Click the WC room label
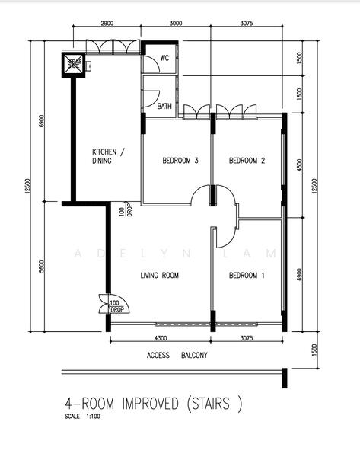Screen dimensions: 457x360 coord(164,59)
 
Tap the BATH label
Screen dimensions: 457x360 coord(164,107)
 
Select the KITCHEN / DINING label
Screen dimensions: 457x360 coord(107,156)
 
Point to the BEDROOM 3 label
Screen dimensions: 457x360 coord(180,161)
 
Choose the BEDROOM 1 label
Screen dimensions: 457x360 coord(247,276)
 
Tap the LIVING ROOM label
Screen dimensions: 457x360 coord(160,276)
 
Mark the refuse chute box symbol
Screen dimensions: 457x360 coord(75,64)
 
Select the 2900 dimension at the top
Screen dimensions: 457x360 coord(107,24)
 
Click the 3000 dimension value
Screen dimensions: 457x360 coord(176,24)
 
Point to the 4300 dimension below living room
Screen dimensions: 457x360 coord(161,337)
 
